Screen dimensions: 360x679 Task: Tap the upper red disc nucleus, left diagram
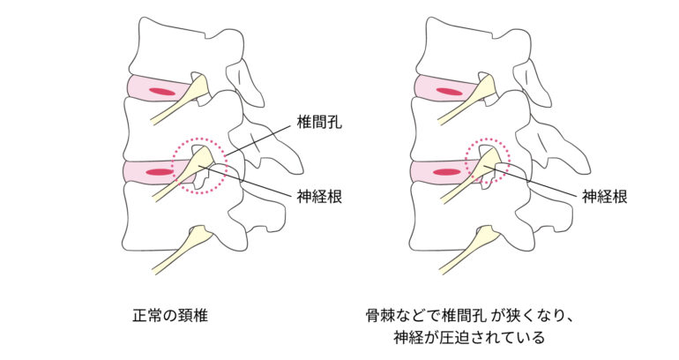click(160, 91)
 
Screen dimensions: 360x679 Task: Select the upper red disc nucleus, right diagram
click(449, 91)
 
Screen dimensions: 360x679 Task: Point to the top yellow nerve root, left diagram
click(190, 96)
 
